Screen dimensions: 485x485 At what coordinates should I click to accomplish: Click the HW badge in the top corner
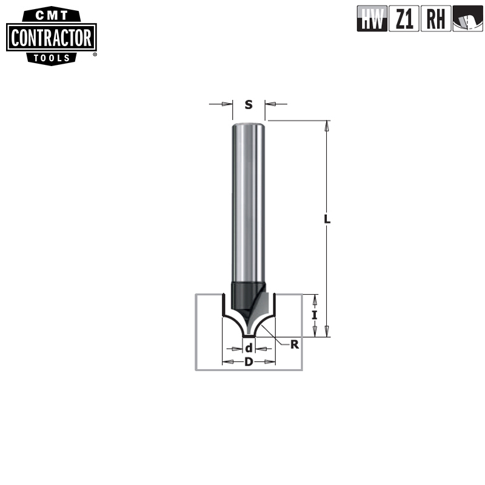pyautogui.click(x=372, y=19)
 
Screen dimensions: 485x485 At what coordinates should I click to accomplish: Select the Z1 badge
pyautogui.click(x=404, y=19)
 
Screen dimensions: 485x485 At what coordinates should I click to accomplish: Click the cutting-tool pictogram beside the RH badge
pyautogui.click(x=467, y=19)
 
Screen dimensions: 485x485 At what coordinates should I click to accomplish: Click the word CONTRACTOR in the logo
pyautogui.click(x=51, y=39)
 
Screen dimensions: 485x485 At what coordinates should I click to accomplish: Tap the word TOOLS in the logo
pyautogui.click(x=52, y=58)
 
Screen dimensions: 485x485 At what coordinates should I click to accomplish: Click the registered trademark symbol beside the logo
pyautogui.click(x=95, y=54)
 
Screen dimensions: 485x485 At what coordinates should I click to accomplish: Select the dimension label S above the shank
pyautogui.click(x=249, y=104)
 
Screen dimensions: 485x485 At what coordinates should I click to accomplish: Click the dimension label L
pyautogui.click(x=327, y=220)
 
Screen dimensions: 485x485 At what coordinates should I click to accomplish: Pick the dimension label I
pyautogui.click(x=314, y=315)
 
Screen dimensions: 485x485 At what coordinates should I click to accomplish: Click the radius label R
pyautogui.click(x=295, y=344)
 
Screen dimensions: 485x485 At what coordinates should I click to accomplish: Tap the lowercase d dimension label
pyautogui.click(x=249, y=349)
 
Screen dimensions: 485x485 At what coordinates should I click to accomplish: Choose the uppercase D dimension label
pyautogui.click(x=249, y=362)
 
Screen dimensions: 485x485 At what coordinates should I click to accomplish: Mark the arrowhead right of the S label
pyautogui.click(x=269, y=104)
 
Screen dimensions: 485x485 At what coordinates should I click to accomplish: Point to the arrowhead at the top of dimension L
pyautogui.click(x=327, y=126)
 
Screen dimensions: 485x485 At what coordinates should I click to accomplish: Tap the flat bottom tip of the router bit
pyautogui.click(x=249, y=335)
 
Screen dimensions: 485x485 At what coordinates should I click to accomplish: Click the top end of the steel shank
pyautogui.click(x=249, y=124)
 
